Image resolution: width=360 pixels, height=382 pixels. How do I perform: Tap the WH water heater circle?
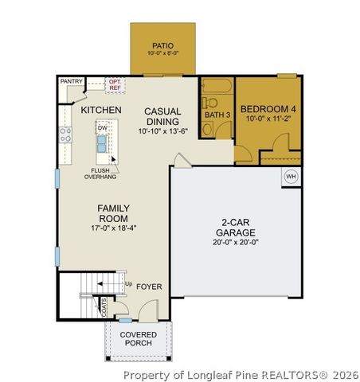291,177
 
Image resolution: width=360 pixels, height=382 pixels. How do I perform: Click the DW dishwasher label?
102,127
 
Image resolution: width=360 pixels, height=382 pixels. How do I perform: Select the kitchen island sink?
103,143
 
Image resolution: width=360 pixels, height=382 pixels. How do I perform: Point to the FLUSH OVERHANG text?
100,173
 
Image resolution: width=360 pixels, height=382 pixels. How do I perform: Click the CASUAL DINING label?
162,116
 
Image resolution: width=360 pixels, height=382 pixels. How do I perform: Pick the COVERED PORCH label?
137,339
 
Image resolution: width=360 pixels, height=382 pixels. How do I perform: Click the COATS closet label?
104,304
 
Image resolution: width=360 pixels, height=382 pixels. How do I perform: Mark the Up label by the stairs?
127,283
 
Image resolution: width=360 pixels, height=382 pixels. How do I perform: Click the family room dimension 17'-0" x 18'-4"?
113,227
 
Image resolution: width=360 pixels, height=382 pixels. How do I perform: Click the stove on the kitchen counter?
61,135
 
